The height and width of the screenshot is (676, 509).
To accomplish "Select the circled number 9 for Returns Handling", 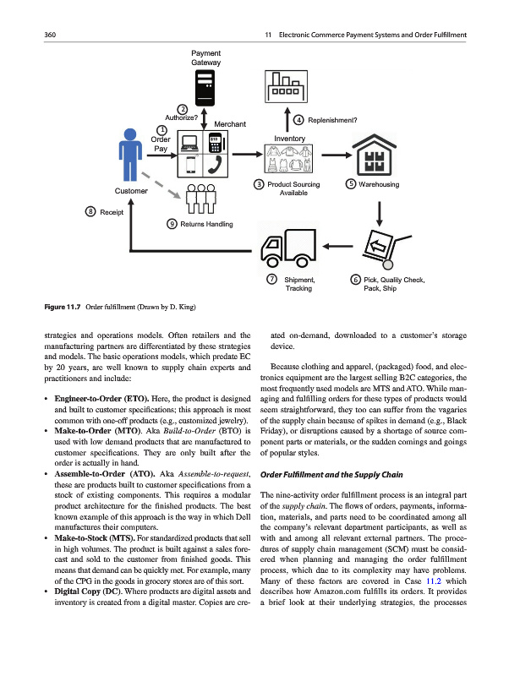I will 172,224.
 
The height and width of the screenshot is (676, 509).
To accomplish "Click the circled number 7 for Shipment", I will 271,280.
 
